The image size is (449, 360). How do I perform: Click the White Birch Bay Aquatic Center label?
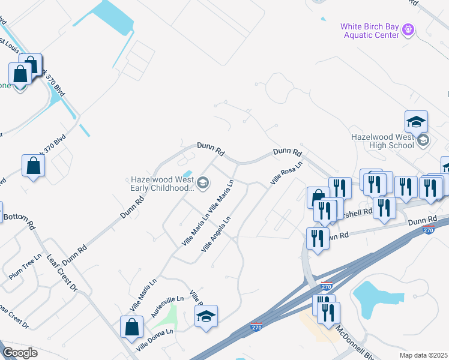pyautogui.click(x=370, y=31)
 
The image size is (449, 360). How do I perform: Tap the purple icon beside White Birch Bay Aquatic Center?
pyautogui.click(x=408, y=28)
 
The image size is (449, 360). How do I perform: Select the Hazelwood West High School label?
pyautogui.click(x=382, y=141)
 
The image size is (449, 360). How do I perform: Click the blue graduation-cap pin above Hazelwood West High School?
pyautogui.click(x=416, y=122)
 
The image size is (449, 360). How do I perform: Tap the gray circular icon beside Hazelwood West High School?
pyautogui.click(x=423, y=141)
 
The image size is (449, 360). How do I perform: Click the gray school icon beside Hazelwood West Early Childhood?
pyautogui.click(x=203, y=183)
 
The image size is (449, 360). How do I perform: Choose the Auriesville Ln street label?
pyautogui.click(x=167, y=307)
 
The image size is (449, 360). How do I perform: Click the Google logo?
pyautogui.click(x=20, y=353)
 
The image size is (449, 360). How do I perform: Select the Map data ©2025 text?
pyautogui.click(x=424, y=355)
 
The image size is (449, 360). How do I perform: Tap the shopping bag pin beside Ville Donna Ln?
pyautogui.click(x=131, y=328)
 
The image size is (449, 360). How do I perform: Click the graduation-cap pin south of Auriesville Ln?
pyautogui.click(x=206, y=316)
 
